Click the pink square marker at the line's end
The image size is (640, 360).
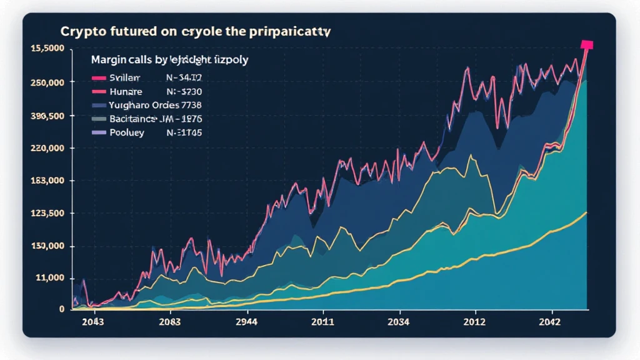pyautogui.click(x=586, y=44)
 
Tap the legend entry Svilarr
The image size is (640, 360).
pyautogui.click(x=125, y=77)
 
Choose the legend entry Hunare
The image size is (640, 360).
pyautogui.click(x=126, y=91)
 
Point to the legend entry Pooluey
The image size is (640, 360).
pyautogui.click(x=127, y=132)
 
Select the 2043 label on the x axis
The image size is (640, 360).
pyautogui.click(x=92, y=322)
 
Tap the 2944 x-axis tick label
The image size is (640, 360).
pyautogui.click(x=246, y=322)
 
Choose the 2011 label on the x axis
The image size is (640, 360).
pyautogui.click(x=322, y=322)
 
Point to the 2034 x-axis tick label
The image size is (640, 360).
pyautogui.click(x=398, y=322)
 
